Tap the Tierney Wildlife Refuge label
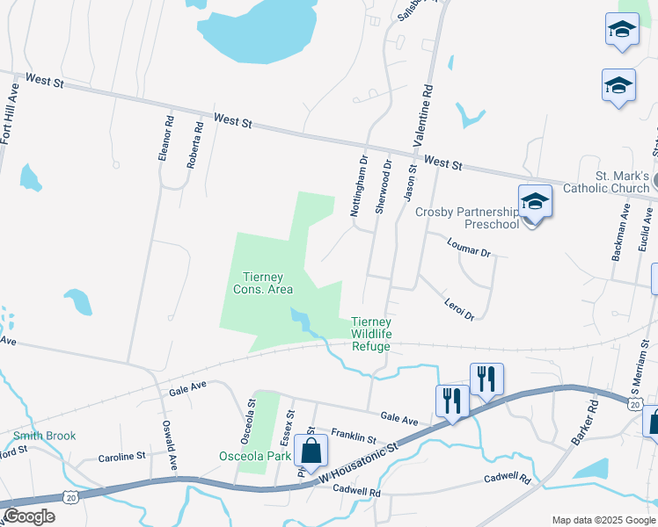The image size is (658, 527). tap(370, 334)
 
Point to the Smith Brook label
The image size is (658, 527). tap(44, 436)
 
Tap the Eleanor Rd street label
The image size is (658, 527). tap(164, 139)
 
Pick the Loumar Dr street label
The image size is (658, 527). tap(467, 247)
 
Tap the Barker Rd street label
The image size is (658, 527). tap(586, 422)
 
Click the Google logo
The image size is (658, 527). tap(29, 516)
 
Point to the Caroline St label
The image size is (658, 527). tap(121, 457)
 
